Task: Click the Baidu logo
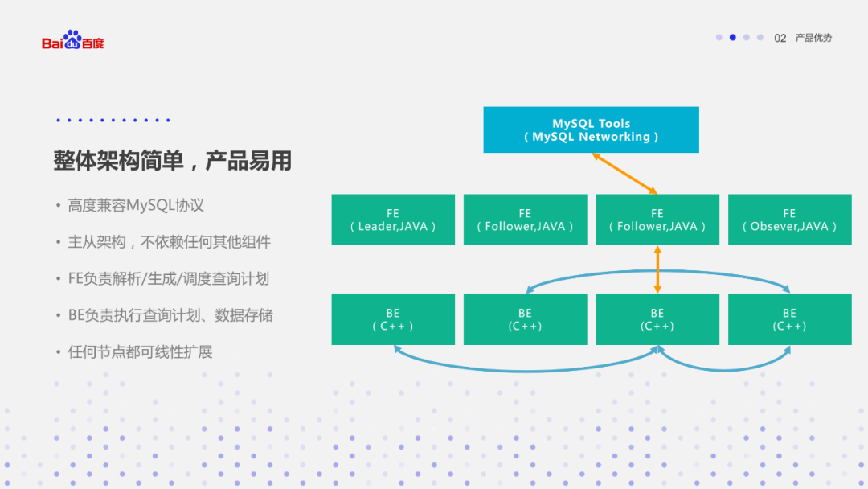pyautogui.click(x=72, y=40)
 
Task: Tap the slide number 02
pyautogui.click(x=780, y=38)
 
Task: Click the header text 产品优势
pyautogui.click(x=813, y=38)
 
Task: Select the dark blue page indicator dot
pyautogui.click(x=733, y=37)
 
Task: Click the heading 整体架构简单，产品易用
pyautogui.click(x=172, y=161)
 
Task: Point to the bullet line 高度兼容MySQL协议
pyautogui.click(x=135, y=205)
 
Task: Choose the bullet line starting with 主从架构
pyautogui.click(x=169, y=241)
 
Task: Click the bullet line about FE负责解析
pyautogui.click(x=168, y=278)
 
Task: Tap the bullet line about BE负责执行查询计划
pyautogui.click(x=170, y=315)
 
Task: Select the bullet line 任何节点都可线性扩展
pyautogui.click(x=140, y=351)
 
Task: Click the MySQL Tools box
pyautogui.click(x=591, y=129)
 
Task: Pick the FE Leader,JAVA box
pyautogui.click(x=393, y=220)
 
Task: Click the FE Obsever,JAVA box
pyautogui.click(x=789, y=220)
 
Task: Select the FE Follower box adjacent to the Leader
pyautogui.click(x=525, y=220)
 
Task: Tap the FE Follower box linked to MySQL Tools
pyautogui.click(x=657, y=220)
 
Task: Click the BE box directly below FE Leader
pyautogui.click(x=393, y=319)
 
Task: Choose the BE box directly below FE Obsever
pyautogui.click(x=789, y=319)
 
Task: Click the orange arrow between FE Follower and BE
pyautogui.click(x=657, y=269)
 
